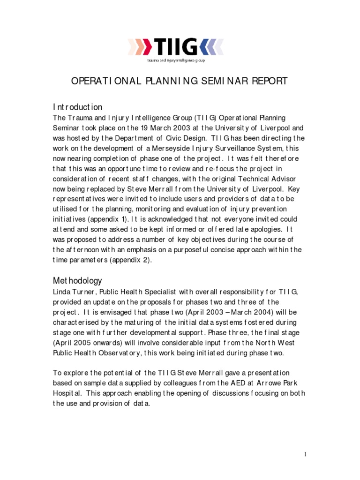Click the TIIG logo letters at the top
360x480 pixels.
pos(176,47)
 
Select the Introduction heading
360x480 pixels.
pos(77,107)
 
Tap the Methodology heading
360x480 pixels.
pos(77,281)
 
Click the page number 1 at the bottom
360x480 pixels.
pos(305,454)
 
